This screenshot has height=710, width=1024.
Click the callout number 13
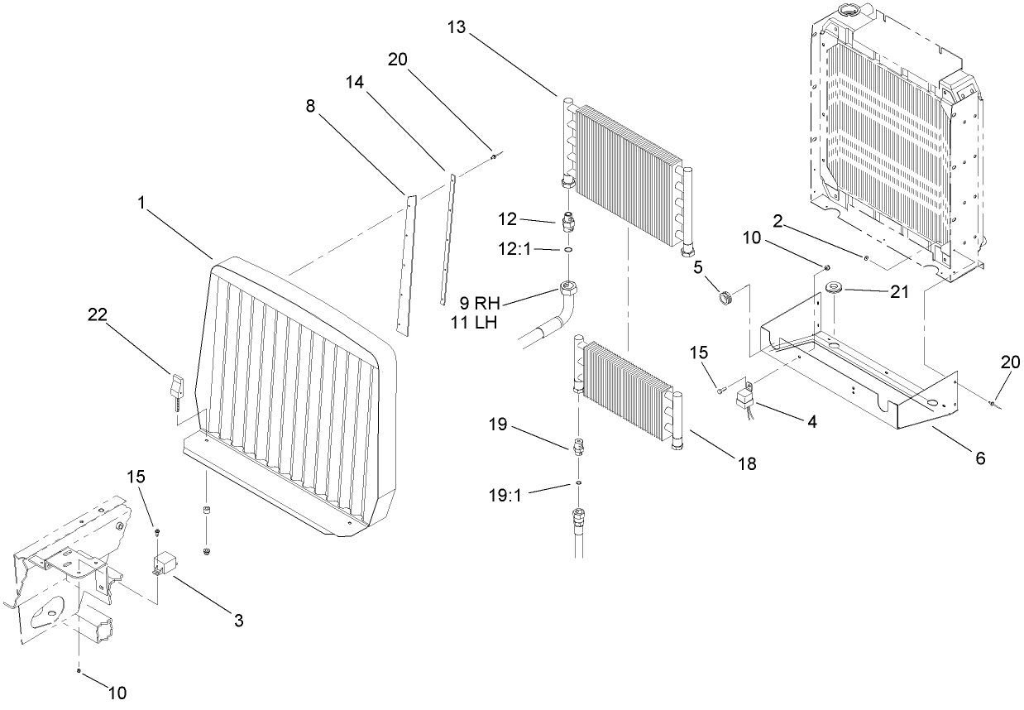pyautogui.click(x=456, y=27)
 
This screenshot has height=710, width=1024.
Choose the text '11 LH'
pyautogui.click(x=473, y=323)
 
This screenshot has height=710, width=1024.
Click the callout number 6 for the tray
pyautogui.click(x=981, y=457)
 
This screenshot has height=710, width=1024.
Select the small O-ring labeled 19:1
pyautogui.click(x=578, y=483)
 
